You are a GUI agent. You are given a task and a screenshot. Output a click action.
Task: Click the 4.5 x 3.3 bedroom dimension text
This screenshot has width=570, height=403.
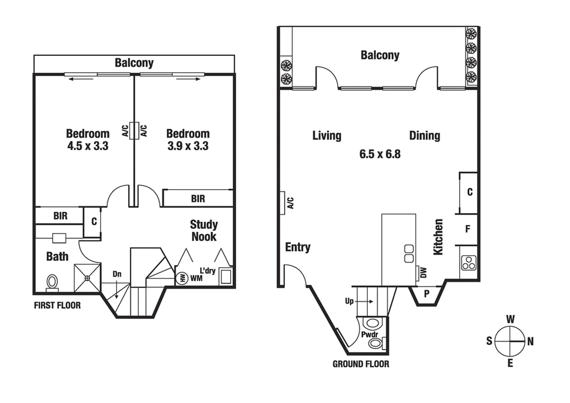point(88,146)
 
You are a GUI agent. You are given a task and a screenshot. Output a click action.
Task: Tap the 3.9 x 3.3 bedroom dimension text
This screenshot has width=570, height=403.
point(188,146)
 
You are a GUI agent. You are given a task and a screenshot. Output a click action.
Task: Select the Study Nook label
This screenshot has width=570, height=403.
point(204,230)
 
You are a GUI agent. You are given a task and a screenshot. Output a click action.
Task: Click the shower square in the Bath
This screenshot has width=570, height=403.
point(87,278)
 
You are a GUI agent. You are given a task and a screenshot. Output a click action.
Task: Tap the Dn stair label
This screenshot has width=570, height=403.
point(117,274)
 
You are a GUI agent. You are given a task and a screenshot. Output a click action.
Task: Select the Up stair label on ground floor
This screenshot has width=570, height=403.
point(350,301)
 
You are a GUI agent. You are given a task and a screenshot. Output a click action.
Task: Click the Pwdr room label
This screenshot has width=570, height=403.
point(369,334)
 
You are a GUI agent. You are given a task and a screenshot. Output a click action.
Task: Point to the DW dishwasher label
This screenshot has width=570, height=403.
point(423,272)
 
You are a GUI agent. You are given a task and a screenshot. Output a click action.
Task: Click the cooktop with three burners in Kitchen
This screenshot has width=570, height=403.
point(468,263)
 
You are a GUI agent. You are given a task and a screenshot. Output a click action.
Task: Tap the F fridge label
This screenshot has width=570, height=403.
point(468,229)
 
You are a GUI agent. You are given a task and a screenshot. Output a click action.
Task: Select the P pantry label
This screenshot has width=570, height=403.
point(426,294)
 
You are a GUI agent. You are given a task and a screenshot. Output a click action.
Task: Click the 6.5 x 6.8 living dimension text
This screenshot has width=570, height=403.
point(380,154)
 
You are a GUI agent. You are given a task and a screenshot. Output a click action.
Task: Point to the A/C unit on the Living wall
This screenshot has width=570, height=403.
point(283,203)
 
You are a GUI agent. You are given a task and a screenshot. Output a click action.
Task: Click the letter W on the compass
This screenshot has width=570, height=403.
point(510,319)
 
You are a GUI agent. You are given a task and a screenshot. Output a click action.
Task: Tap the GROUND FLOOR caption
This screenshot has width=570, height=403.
point(361,364)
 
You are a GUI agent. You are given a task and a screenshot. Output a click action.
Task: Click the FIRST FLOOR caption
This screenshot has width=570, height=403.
point(57,305)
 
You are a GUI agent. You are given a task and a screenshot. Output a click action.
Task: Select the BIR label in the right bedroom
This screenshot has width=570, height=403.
point(198,199)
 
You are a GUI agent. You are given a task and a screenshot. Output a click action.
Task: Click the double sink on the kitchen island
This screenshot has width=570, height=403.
point(409,254)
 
